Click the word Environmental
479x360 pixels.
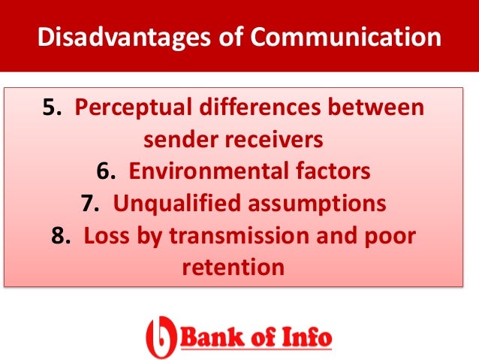[201, 171]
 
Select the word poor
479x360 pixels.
[390, 236]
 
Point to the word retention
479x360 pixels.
[233, 268]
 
